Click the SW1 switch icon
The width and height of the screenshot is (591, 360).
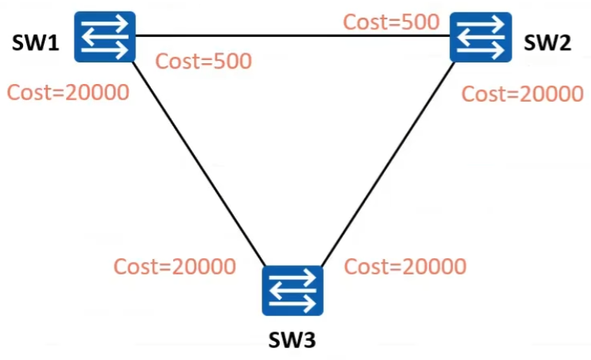click(105, 36)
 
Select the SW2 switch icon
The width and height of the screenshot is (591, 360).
click(482, 36)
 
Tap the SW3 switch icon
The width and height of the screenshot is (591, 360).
click(292, 290)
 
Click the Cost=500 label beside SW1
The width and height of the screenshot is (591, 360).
click(203, 62)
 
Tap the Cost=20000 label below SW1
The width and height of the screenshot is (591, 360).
click(68, 93)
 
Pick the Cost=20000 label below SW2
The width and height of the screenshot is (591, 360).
click(522, 93)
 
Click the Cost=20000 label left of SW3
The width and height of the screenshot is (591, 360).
click(174, 267)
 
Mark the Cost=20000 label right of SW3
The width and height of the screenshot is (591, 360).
click(405, 267)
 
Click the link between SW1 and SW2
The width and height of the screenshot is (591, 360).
click(293, 35)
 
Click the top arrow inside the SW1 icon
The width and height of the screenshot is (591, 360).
click(106, 23)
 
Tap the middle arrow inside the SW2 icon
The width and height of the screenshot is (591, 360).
click(482, 36)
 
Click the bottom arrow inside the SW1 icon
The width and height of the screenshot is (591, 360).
click(106, 49)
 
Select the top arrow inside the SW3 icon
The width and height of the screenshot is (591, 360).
click(292, 277)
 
